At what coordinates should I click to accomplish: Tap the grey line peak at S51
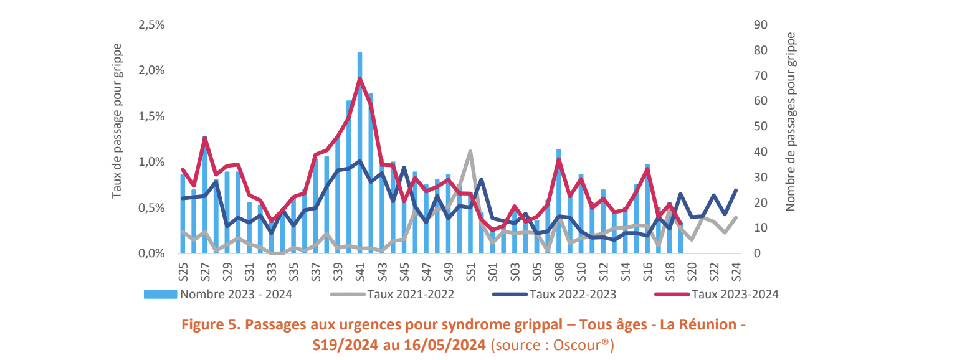[470, 151]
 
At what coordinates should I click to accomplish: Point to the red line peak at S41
[360, 78]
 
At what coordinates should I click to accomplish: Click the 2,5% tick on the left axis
[151, 25]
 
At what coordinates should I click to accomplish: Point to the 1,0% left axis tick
[151, 162]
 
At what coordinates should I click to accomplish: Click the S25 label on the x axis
[183, 272]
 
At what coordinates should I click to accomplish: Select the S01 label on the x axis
[492, 272]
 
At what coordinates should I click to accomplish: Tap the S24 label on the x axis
[735, 272]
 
